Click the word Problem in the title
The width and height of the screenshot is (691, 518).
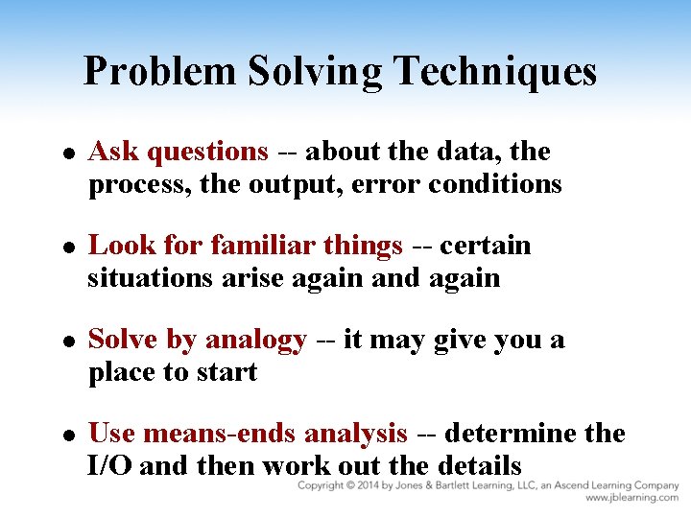point(158,72)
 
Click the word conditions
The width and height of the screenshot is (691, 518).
point(495,184)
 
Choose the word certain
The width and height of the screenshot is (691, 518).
point(486,246)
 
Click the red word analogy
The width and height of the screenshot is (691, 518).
point(256,341)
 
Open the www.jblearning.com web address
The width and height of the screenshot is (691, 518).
point(631,499)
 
